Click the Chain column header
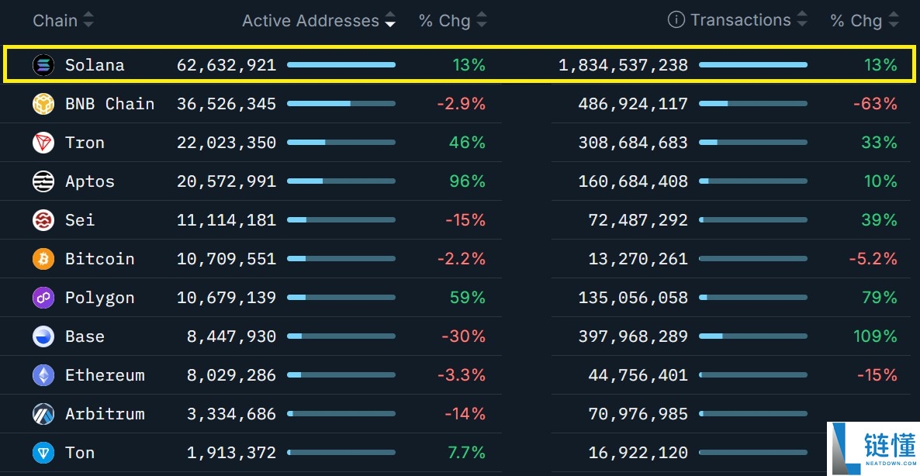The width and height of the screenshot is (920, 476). point(55,21)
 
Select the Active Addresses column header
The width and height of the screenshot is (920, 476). point(310,21)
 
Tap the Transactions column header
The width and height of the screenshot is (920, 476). point(740,20)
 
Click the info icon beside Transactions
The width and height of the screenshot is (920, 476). point(676,20)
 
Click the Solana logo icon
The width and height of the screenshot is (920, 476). point(43,65)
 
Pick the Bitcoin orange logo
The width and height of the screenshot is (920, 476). point(43,259)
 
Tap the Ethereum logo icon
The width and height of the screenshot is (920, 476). point(43,375)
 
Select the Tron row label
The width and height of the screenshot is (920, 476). point(85,143)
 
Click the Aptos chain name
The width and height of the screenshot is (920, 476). point(90,181)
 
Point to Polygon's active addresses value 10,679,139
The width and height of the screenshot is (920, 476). point(227,298)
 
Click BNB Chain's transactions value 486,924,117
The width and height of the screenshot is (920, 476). point(633,104)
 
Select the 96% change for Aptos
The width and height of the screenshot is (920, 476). point(467,181)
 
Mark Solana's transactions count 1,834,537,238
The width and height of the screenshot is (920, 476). point(623,65)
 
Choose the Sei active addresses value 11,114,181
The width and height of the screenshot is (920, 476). point(227,220)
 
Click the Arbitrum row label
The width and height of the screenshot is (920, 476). point(105,414)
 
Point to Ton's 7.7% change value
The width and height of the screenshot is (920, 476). point(467,453)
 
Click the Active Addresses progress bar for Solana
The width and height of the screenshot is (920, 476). point(341,65)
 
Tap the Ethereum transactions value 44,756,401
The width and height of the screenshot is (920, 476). point(638,375)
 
